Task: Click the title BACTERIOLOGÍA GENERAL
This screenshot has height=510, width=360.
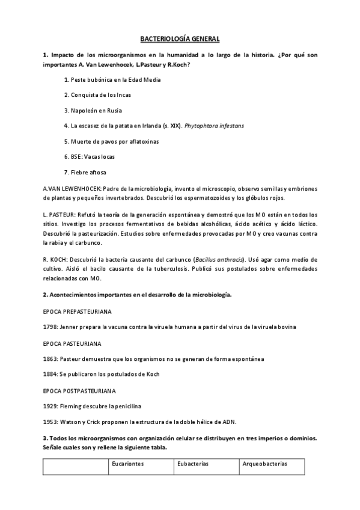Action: coord(180,39)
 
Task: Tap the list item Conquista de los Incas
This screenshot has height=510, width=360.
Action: coord(97,95)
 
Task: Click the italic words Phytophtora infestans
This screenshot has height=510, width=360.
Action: coord(215,126)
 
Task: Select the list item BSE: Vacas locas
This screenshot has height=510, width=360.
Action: coord(89,156)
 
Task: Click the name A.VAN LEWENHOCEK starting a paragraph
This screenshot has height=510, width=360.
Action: coord(69,188)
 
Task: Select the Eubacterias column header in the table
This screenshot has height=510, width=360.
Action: coord(192,464)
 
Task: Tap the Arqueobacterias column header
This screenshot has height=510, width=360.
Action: coord(264,464)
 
